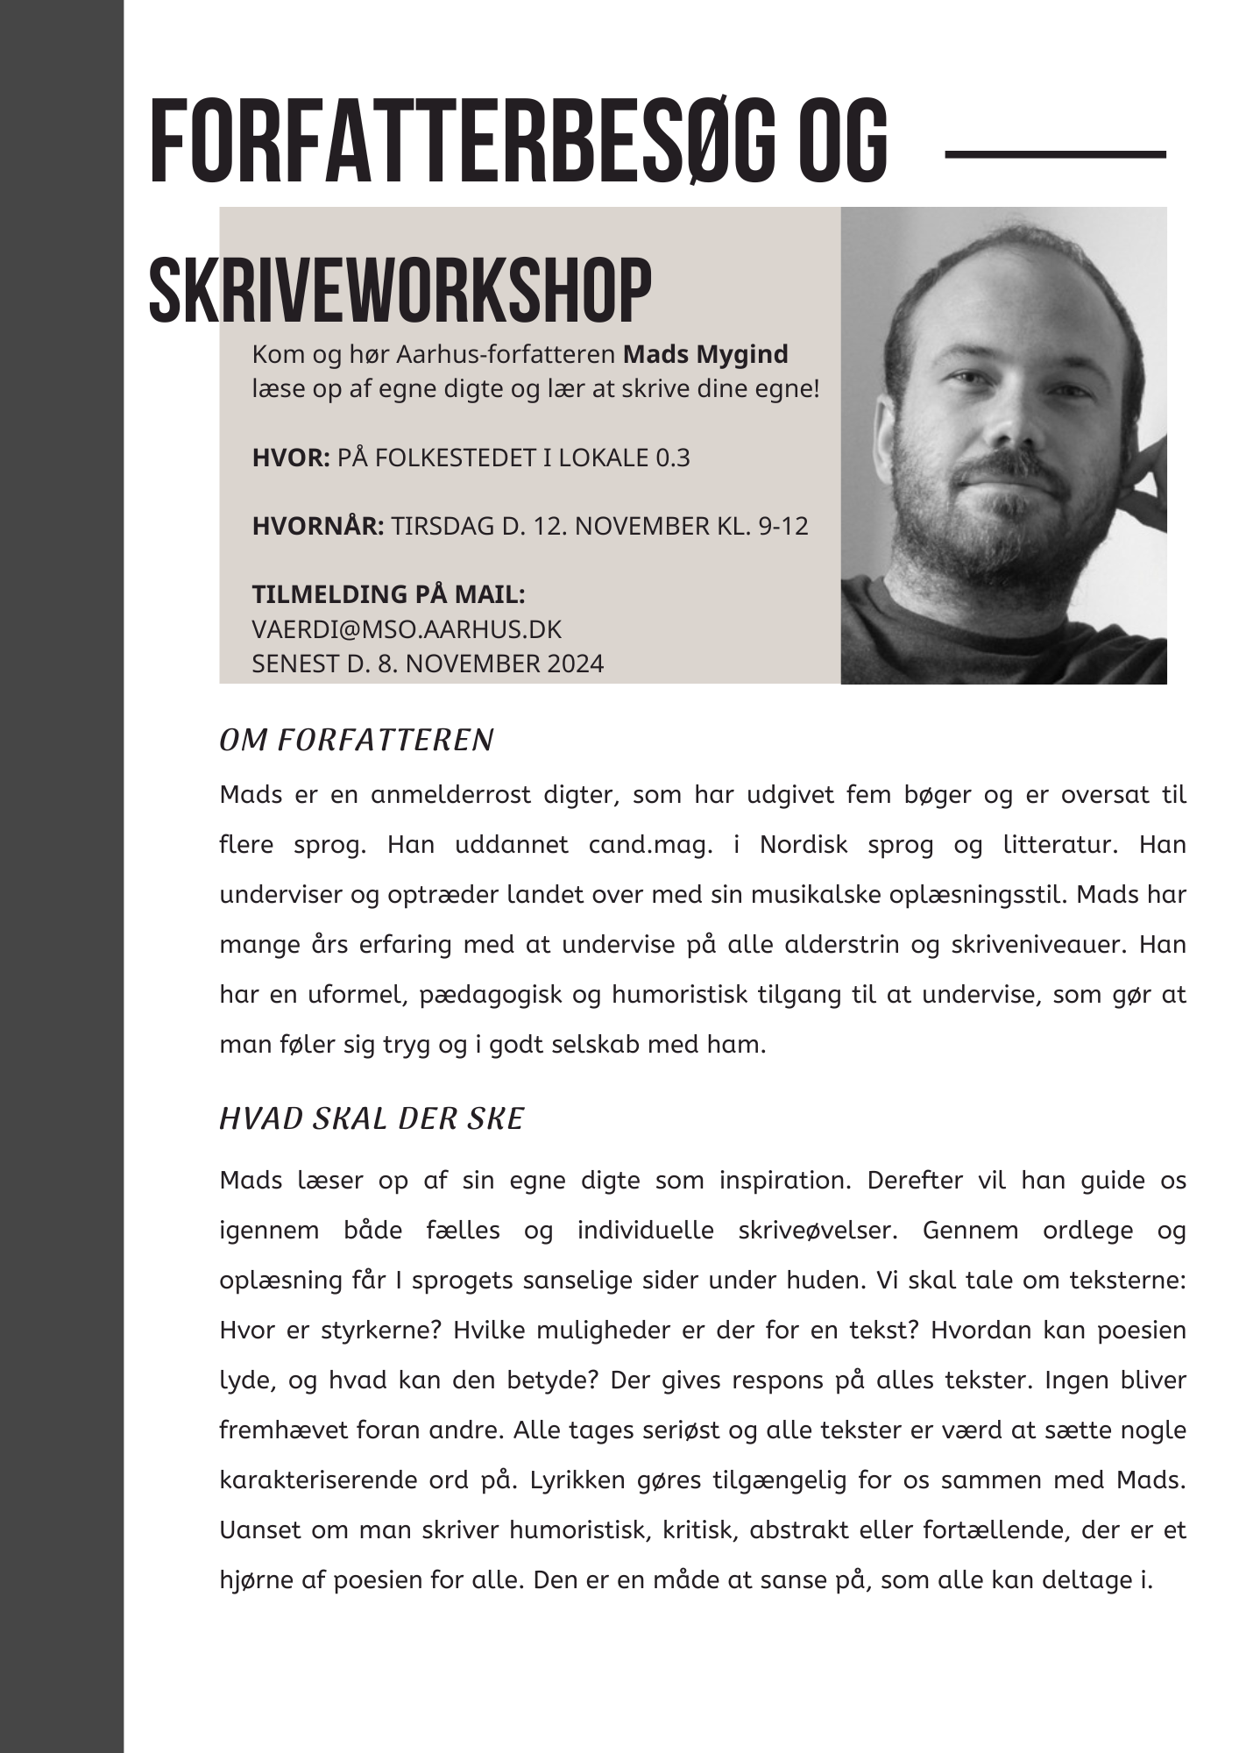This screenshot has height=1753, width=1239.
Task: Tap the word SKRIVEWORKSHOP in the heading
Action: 400,290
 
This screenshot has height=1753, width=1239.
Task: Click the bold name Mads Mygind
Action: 705,355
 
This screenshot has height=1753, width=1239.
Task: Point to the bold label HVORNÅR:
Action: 318,526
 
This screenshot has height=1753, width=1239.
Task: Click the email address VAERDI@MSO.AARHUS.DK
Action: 407,629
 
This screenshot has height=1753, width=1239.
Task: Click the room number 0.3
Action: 673,458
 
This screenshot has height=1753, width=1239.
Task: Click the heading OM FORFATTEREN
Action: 357,741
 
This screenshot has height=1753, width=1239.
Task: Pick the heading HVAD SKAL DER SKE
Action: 372,1119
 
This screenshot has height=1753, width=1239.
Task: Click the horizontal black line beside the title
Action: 1056,154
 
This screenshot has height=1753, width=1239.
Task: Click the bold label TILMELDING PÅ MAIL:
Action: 388,594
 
